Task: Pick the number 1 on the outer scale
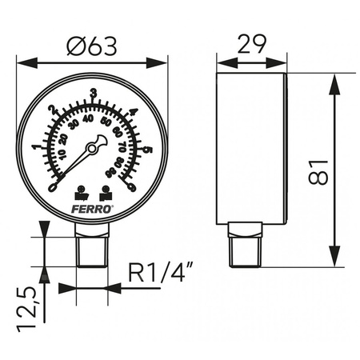tap(35, 146)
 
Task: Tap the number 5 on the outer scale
tap(149, 146)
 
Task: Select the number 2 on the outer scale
tap(53, 111)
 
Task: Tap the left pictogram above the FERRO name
tap(81, 192)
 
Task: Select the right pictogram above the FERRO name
tap(106, 192)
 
